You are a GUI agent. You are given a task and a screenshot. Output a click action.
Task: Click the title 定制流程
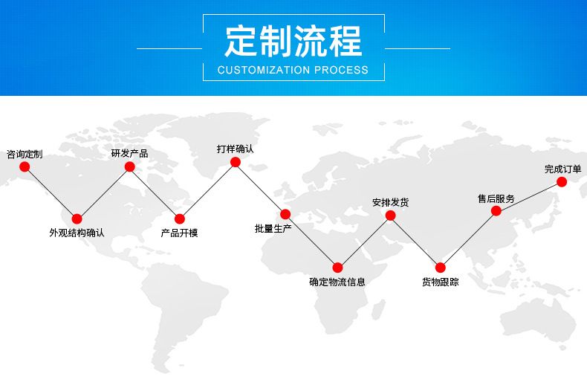293,41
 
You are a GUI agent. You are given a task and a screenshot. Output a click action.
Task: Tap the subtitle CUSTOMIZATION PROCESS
293,70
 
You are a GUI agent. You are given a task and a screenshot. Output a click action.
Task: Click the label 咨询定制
25,154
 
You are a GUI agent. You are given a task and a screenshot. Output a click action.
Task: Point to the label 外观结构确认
77,233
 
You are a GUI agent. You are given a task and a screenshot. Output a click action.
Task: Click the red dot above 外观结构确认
77,219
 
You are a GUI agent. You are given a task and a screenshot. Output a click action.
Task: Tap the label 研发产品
129,154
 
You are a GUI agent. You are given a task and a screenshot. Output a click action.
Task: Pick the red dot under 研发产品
129,166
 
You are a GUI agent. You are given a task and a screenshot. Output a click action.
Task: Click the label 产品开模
179,233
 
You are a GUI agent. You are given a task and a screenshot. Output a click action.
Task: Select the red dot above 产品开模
179,219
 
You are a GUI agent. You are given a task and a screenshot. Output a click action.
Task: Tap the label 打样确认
235,149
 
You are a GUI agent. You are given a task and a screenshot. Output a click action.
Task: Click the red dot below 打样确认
235,162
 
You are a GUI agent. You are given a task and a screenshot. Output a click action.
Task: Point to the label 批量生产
273,228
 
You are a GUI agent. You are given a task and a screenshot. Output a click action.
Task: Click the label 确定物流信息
337,282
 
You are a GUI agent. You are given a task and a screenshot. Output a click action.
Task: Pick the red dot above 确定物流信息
337,268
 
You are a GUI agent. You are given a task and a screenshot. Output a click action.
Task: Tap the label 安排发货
390,202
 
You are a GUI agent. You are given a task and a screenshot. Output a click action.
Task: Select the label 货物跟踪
440,282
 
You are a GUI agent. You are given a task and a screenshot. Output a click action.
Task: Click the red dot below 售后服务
496,211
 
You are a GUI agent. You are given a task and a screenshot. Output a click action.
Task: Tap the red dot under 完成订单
562,181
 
